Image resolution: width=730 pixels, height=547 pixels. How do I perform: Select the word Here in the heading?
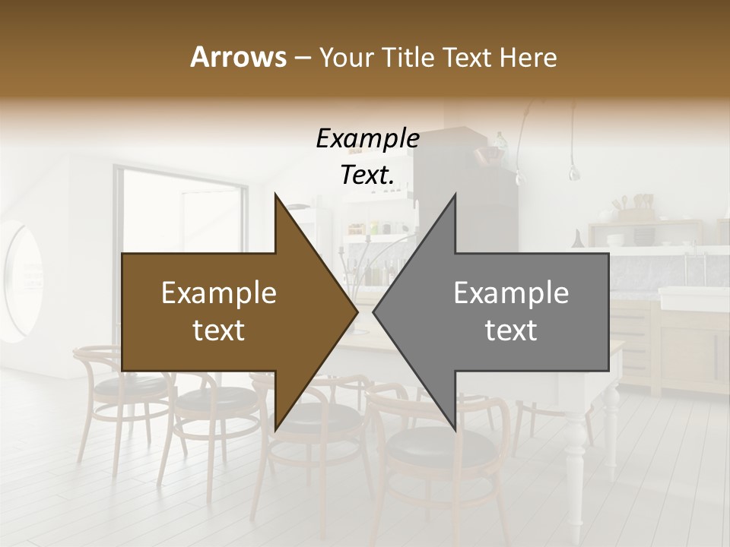click(527, 57)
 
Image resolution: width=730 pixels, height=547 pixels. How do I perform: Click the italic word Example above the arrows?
click(367, 138)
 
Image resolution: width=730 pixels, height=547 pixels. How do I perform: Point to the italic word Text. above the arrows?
click(367, 175)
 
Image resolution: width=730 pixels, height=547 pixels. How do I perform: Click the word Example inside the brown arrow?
click(219, 292)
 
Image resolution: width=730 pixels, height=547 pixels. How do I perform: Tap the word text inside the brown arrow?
click(219, 330)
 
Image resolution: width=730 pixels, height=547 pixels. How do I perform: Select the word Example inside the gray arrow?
click(511, 292)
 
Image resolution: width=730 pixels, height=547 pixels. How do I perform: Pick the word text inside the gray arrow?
click(511, 330)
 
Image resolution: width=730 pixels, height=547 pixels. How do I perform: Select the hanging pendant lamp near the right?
click(575, 171)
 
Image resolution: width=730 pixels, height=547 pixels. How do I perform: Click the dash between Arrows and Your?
click(301, 58)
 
